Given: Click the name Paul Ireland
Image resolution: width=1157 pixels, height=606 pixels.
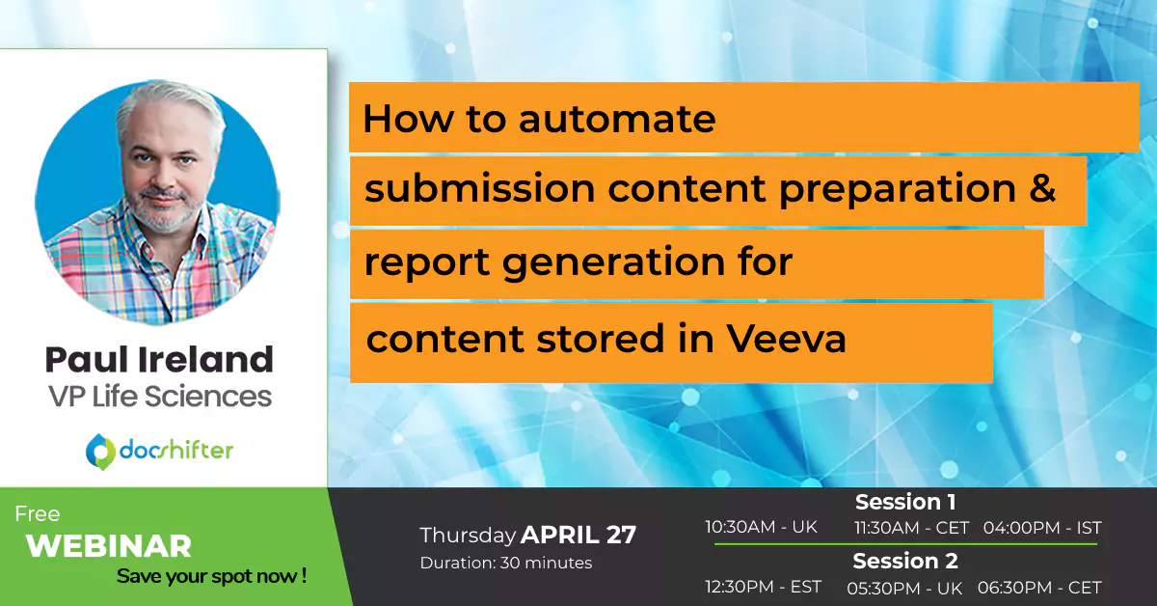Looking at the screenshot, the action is (x=159, y=359).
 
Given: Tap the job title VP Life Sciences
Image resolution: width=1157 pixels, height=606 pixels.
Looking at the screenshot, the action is (x=160, y=397).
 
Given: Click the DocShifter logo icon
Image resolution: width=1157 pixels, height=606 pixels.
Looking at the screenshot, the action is (x=100, y=452).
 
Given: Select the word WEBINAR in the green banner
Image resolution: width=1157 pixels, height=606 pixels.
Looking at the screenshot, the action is (x=109, y=546).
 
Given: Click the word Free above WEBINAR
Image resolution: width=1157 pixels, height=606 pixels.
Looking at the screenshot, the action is (x=38, y=514).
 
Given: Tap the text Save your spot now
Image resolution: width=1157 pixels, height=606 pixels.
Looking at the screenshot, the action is (x=212, y=576).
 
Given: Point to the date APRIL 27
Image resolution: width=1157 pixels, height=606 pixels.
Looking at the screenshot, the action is (x=578, y=535).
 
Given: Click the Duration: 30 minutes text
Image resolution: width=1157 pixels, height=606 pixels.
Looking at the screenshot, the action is (x=506, y=563).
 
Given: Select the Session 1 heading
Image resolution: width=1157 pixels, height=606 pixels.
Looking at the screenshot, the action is (x=905, y=502).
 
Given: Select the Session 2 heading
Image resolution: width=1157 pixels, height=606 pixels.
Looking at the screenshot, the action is (x=905, y=561).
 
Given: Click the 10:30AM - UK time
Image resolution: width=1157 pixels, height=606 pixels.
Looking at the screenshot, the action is (x=762, y=527).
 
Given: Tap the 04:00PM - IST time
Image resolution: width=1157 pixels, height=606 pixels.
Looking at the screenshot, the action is (x=1042, y=528).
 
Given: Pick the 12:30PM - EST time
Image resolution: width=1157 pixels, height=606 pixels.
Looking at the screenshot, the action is (x=764, y=587).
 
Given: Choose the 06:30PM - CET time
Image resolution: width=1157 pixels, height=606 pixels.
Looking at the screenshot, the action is (x=1039, y=588).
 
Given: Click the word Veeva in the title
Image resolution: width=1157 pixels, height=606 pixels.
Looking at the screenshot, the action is (x=786, y=339).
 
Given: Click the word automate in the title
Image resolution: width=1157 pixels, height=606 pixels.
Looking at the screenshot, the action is (x=617, y=119).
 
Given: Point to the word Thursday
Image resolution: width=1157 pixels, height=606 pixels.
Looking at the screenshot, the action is (x=468, y=536).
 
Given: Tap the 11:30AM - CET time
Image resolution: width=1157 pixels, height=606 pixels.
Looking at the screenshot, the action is (x=912, y=528).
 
